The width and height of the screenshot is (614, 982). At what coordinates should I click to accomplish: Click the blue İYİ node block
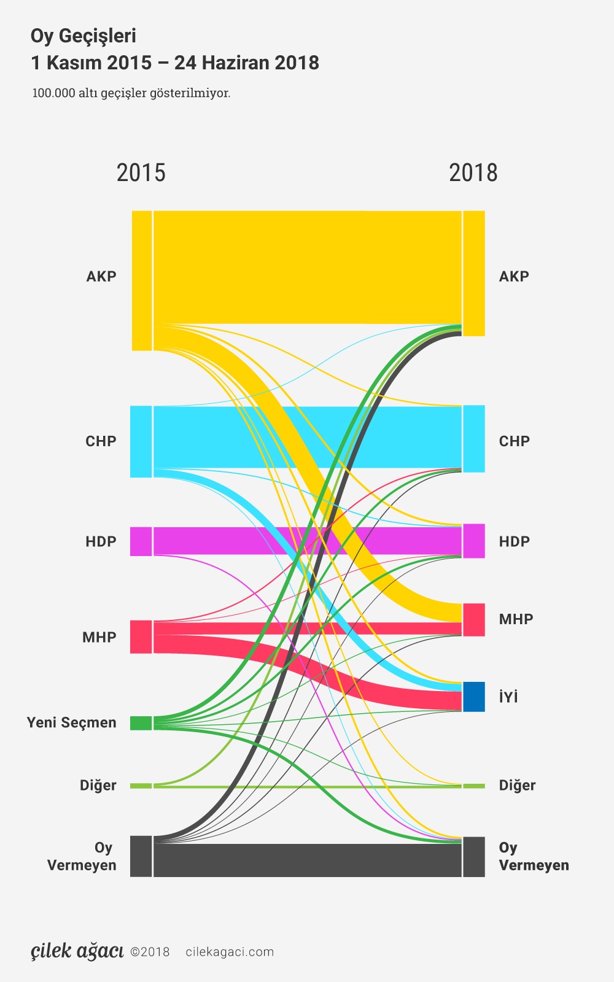click(x=473, y=697)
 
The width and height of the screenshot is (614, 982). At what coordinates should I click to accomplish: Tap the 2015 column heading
click(x=141, y=173)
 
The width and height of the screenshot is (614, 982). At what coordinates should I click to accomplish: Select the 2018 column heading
click(x=473, y=173)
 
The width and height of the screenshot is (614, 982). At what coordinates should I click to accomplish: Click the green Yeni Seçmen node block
click(x=141, y=723)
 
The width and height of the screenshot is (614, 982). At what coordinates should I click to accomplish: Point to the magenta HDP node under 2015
click(x=141, y=541)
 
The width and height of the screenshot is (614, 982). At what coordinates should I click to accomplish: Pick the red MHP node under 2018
click(x=473, y=619)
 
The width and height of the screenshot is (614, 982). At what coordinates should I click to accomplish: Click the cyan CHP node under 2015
click(x=141, y=441)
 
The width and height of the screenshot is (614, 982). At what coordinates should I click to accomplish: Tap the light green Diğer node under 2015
click(x=141, y=786)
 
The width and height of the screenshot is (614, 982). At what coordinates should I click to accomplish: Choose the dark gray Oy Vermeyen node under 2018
click(x=473, y=857)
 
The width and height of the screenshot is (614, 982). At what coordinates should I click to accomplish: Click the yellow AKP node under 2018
click(x=473, y=273)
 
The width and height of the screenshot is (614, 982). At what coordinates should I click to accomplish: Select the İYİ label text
click(x=508, y=697)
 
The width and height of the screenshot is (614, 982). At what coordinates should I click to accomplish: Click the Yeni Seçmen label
click(x=71, y=722)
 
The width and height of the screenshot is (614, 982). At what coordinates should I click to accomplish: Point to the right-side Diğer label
click(x=517, y=786)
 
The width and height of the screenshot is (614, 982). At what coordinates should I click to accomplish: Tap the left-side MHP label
click(x=99, y=637)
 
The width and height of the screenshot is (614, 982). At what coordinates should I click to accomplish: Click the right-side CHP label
click(x=514, y=441)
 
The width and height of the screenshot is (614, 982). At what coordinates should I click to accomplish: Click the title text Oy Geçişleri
click(x=84, y=36)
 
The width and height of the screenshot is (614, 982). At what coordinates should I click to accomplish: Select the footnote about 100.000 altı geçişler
click(x=131, y=93)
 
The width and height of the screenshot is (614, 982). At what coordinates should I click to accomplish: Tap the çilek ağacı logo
click(x=77, y=951)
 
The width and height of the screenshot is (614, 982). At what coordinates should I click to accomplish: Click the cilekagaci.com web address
click(x=230, y=952)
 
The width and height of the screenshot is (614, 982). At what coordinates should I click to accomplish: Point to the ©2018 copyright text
click(x=150, y=952)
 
